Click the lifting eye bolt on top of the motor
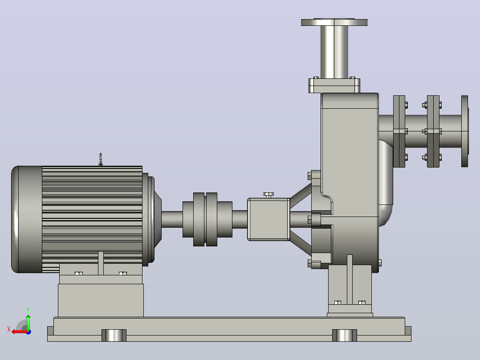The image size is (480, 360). tap(101, 160)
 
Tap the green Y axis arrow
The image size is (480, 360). tap(28, 322)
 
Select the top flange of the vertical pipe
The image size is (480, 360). tap(334, 22)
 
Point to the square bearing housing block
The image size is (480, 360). tap(269, 219)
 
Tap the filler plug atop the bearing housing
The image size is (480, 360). tap(268, 195)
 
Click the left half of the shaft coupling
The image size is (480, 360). tap(194, 219)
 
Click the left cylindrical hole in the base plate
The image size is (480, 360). tap(114, 335)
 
